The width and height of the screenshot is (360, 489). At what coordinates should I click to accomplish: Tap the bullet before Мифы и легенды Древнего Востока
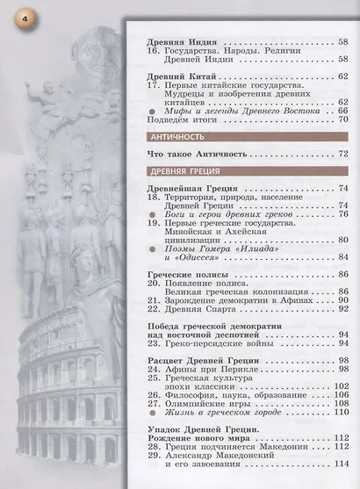pyautogui.click(x=153, y=111)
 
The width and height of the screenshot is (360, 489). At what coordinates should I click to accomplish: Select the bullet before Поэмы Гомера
pyautogui.click(x=154, y=248)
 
